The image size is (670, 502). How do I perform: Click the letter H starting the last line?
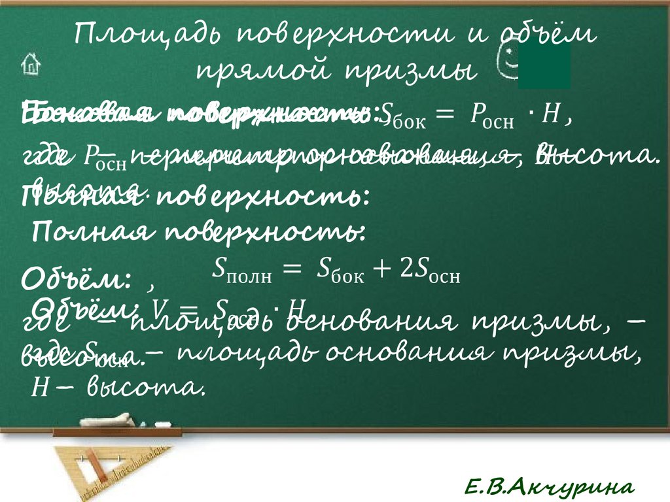click(x=37, y=389)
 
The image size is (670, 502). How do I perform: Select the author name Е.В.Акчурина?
click(x=549, y=486)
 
